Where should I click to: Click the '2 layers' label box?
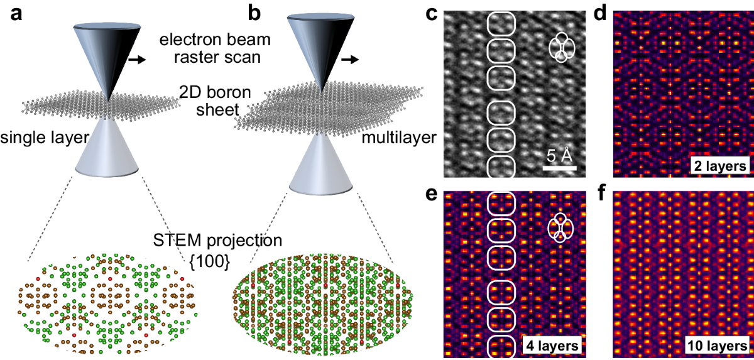click(x=716, y=166)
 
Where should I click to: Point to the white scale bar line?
click(x=560, y=168)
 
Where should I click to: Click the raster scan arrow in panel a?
click(x=136, y=60)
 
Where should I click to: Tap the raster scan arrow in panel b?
click(x=350, y=60)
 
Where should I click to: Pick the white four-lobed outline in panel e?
click(x=561, y=227)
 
